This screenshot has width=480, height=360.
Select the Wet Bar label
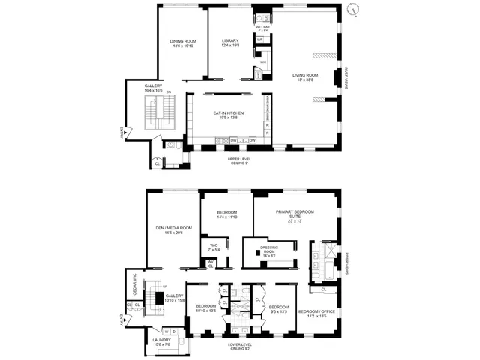[262, 28]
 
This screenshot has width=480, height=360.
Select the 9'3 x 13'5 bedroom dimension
[279, 310]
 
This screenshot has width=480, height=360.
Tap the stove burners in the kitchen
[223, 140]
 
